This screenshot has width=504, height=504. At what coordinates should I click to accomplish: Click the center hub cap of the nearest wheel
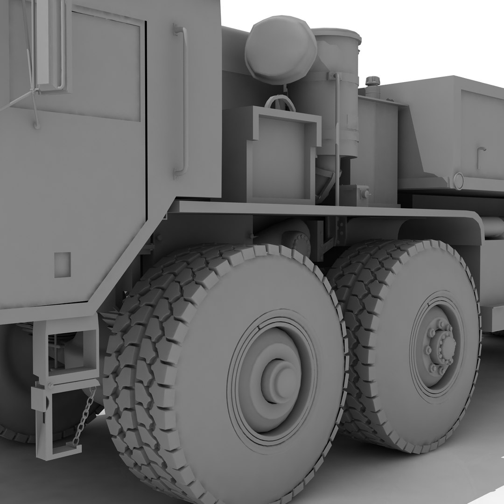click(279, 379)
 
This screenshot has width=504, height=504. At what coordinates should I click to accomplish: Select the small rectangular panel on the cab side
click(63, 265)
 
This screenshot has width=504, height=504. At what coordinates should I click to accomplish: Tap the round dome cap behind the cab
click(281, 50)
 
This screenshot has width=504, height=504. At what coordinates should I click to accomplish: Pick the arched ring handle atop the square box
click(280, 102)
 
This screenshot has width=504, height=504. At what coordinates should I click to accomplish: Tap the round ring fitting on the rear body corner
click(458, 181)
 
